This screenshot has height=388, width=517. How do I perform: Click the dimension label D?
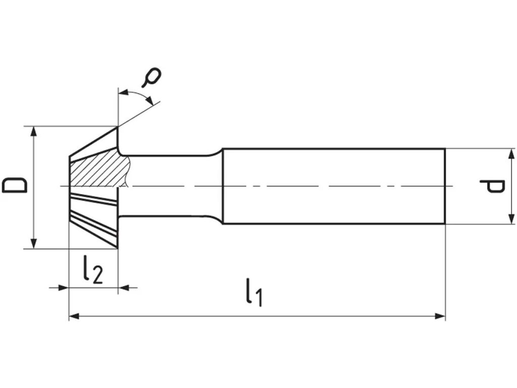click(14, 185)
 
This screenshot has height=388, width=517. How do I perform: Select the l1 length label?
click(254, 294)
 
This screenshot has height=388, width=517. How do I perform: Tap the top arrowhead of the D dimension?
click(34, 131)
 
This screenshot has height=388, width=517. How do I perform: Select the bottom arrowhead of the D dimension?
click(34, 244)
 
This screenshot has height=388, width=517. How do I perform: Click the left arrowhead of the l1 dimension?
click(74, 316)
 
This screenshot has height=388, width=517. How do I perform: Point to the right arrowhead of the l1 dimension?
click(440, 316)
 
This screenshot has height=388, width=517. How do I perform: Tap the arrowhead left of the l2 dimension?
click(64, 287)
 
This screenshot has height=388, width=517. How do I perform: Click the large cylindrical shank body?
click(333, 186)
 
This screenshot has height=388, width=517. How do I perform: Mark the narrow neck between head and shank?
click(172, 186)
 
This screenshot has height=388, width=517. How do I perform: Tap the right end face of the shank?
click(445, 186)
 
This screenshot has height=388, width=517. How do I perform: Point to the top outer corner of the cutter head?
click(118, 127)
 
